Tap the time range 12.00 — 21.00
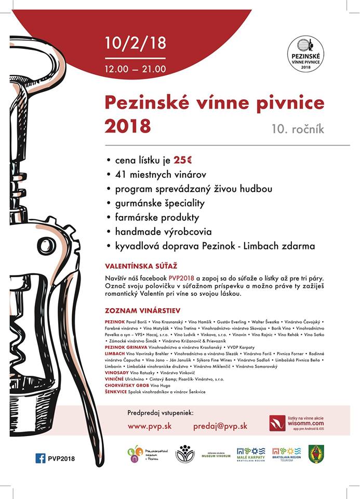[x=135, y=68]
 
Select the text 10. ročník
[x=298, y=128]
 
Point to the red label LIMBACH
[x=114, y=353]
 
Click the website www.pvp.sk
[x=150, y=426]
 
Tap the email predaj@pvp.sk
[x=220, y=426]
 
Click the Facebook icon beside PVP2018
[x=40, y=458]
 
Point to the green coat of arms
[x=316, y=454]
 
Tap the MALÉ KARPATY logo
[x=251, y=454]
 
